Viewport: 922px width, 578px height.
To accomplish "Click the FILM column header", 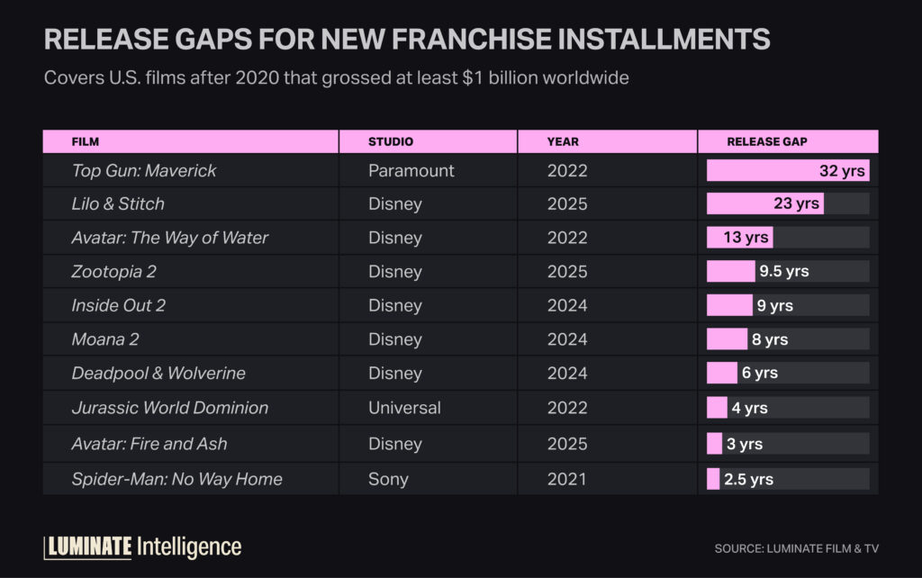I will click(x=86, y=141).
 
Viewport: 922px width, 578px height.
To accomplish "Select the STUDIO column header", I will click(x=391, y=141).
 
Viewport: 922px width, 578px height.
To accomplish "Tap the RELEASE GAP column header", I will click(x=767, y=141).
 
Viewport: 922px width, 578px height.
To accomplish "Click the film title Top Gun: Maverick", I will click(x=144, y=170).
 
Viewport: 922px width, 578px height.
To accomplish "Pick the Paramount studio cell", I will click(x=411, y=170).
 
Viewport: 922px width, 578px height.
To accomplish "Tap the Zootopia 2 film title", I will click(x=114, y=271).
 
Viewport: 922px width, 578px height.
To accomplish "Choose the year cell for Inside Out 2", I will click(x=567, y=305).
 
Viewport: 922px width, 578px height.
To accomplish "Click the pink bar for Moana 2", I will click(x=727, y=339).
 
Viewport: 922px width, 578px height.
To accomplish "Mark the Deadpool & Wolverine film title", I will click(x=158, y=373).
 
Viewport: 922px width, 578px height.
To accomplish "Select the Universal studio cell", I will click(x=404, y=408).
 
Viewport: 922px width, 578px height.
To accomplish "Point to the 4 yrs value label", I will click(x=749, y=408).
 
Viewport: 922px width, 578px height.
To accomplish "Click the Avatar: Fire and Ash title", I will click(x=149, y=444).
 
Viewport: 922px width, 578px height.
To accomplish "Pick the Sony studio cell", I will click(x=388, y=479).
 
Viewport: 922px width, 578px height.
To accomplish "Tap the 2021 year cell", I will click(x=567, y=479).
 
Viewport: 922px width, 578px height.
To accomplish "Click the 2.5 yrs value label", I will click(x=748, y=479).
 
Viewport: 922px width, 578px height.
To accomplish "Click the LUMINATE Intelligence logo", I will click(x=142, y=546).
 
